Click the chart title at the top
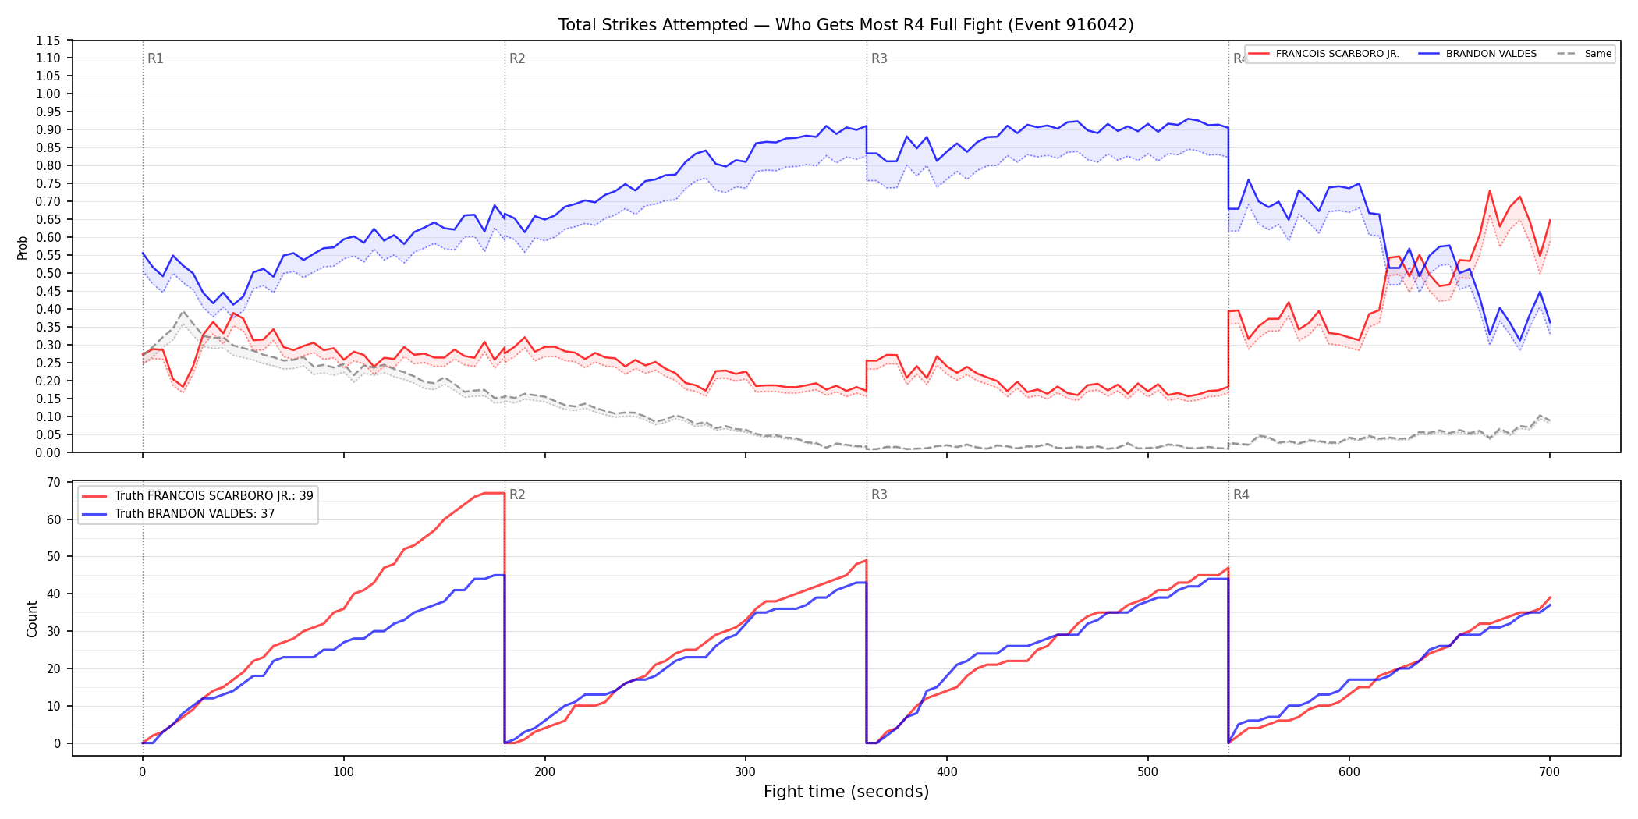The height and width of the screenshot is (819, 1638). (846, 25)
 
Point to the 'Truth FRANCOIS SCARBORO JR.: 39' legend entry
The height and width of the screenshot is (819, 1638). (198, 496)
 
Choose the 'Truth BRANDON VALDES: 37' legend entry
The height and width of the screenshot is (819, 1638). (179, 514)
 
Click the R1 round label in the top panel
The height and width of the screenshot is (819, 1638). (155, 59)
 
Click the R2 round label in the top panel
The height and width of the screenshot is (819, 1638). (517, 59)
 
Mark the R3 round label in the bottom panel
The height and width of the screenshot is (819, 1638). (879, 495)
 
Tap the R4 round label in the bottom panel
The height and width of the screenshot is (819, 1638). (1241, 495)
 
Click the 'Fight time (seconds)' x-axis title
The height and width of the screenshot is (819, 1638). (846, 792)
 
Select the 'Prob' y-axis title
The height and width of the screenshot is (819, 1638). (23, 247)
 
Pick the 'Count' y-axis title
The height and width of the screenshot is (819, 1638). (32, 619)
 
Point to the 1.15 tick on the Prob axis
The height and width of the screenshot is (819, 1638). (48, 41)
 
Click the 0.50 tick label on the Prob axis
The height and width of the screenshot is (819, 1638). (48, 273)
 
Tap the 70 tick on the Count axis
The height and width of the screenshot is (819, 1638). (54, 482)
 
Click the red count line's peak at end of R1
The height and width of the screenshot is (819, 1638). (495, 493)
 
